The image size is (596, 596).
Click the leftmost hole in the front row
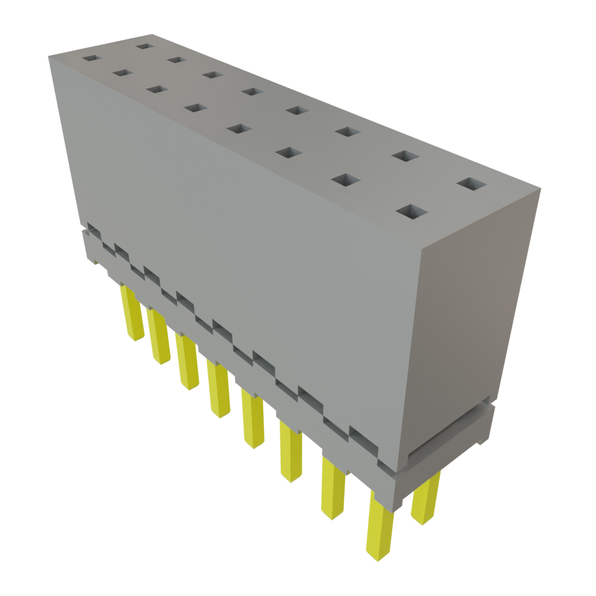(91, 58)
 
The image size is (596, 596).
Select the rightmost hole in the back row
(471, 185)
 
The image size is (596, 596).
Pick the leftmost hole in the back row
(144, 46)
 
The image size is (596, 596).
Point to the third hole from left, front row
(155, 89)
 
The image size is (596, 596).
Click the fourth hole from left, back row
(251, 91)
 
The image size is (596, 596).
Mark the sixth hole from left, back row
(347, 133)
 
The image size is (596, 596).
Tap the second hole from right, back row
(406, 156)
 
